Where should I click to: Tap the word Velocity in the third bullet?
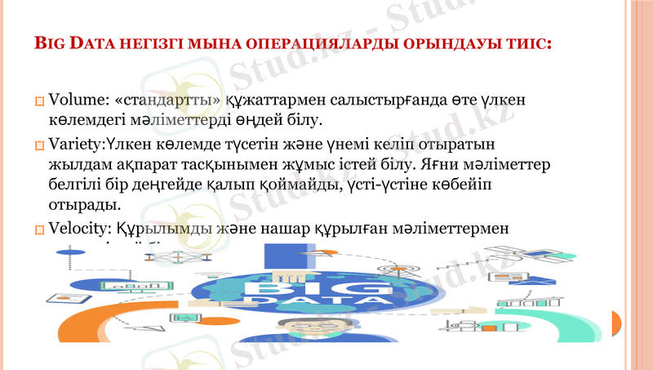(x=78, y=229)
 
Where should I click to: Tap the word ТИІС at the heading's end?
(x=531, y=41)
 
